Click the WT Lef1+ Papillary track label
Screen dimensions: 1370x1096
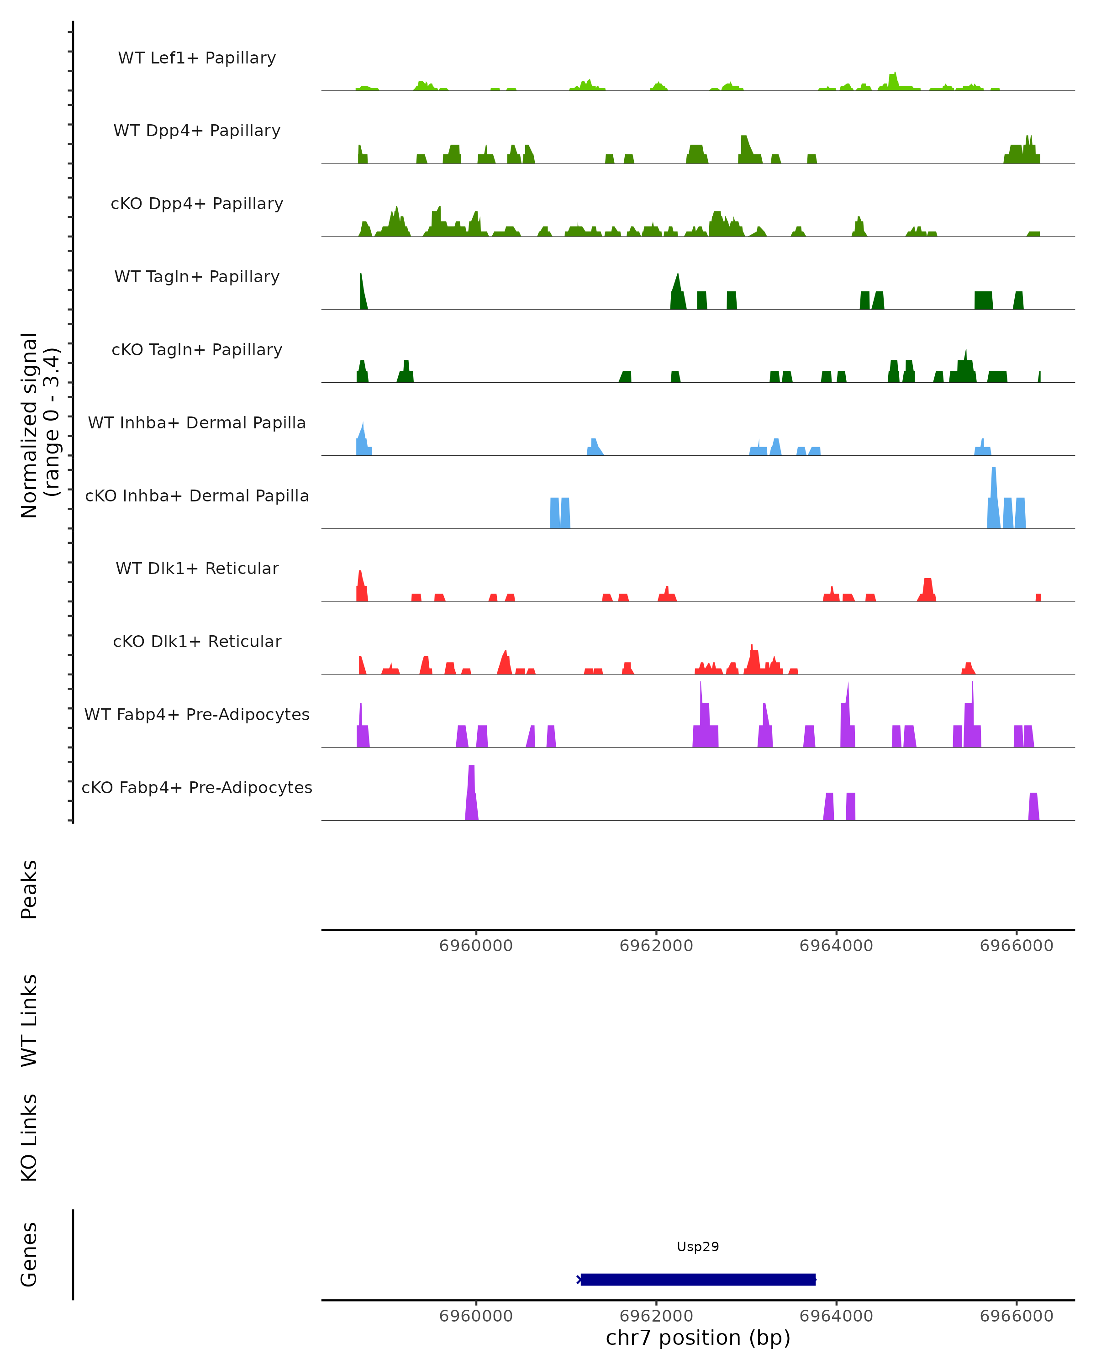click(197, 58)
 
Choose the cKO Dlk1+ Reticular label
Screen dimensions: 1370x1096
click(197, 641)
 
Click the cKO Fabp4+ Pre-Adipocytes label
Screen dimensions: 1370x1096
click(197, 787)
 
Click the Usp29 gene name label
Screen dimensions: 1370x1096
click(698, 1246)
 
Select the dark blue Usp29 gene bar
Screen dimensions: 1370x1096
click(698, 1279)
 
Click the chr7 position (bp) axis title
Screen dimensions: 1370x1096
click(698, 1338)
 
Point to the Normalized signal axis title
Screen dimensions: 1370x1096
click(39, 425)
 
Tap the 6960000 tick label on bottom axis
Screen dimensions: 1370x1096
click(476, 1316)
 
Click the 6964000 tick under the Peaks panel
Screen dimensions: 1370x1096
click(836, 946)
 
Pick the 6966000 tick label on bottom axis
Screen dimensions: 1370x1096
click(1016, 1316)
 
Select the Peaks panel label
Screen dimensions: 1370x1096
click(29, 889)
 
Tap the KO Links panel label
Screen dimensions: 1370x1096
click(29, 1138)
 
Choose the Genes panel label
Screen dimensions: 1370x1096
click(29, 1254)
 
